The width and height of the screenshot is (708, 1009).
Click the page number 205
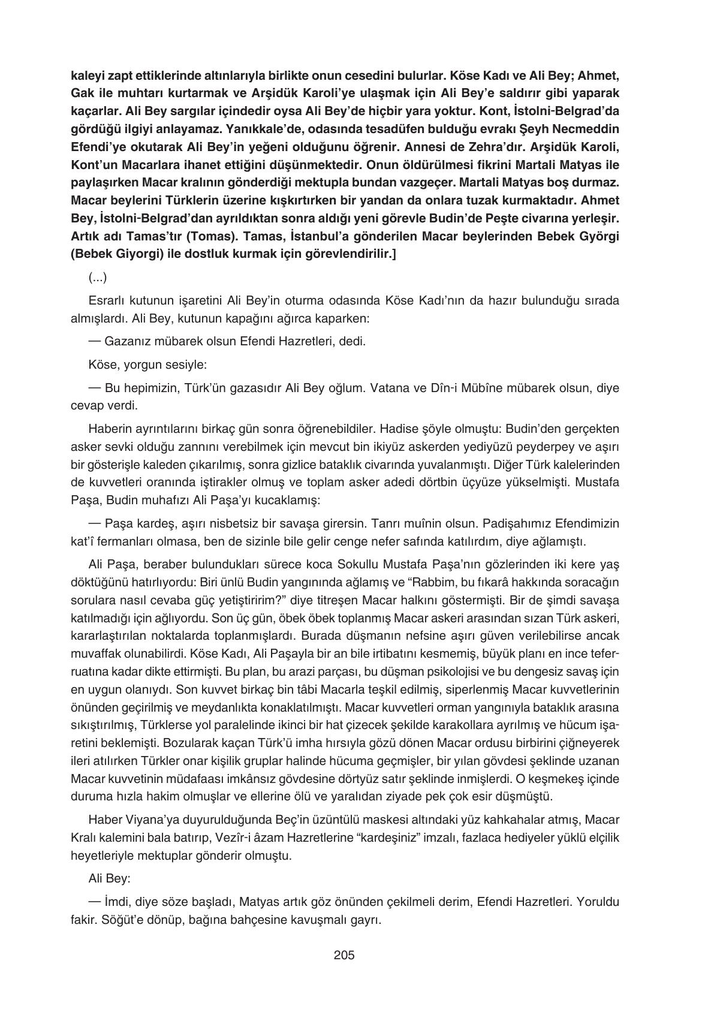(344, 954)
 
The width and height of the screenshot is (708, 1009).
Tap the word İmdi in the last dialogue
(116, 902)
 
